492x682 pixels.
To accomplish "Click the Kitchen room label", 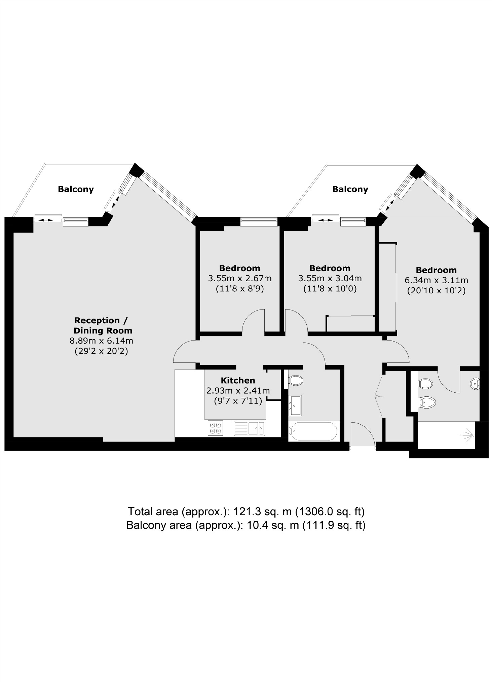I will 238,380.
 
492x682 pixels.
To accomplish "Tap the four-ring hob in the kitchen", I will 216,428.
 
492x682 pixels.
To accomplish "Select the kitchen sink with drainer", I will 249,428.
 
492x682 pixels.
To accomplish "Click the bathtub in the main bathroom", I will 313,431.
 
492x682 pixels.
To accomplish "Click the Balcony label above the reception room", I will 76,189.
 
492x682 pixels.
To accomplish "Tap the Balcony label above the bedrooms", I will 350,189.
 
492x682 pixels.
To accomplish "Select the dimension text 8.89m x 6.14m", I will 101,340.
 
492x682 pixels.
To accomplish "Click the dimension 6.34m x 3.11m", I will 436,280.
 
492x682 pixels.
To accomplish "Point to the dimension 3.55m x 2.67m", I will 239,278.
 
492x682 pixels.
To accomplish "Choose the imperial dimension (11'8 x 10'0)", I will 330,289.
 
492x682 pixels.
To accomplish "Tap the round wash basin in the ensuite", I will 475,384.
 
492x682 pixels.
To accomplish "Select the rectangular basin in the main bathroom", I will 296,405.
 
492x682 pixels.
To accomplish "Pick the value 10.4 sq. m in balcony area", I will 272,525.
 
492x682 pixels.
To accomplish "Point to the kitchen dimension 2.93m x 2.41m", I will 238,391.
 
